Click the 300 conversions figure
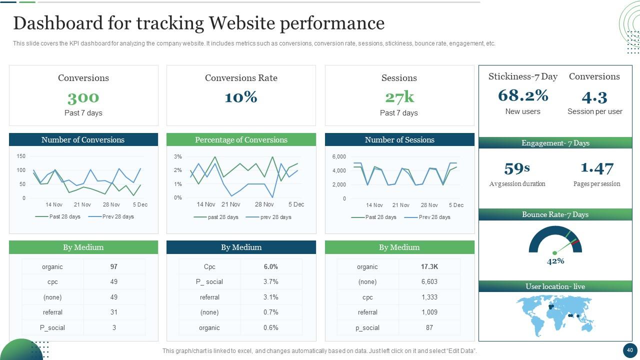(83, 97)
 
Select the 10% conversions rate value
(241, 97)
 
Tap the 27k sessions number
(399, 97)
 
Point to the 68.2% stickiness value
(523, 95)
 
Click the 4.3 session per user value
(594, 97)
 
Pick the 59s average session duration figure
(517, 168)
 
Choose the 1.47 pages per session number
(597, 168)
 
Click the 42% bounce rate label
(555, 261)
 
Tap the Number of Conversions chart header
(83, 140)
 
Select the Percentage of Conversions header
(241, 140)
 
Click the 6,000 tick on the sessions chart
(339, 157)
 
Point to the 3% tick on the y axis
(178, 157)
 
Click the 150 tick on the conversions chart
(21, 156)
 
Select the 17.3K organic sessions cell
(429, 267)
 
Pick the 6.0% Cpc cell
(270, 267)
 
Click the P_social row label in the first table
(52, 328)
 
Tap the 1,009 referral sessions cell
(429, 312)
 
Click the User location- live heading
(555, 286)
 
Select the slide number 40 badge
(629, 350)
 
